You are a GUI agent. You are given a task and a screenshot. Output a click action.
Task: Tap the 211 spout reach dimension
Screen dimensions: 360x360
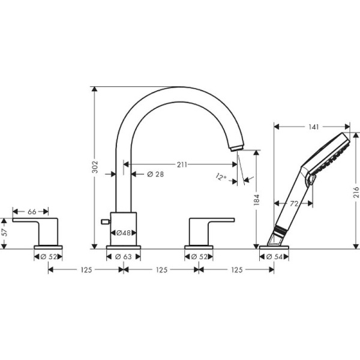tap(182, 164)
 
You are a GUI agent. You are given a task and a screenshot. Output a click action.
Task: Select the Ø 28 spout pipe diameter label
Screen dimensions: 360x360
tap(155, 174)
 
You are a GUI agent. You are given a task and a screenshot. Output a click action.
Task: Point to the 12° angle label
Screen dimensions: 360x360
tap(222, 176)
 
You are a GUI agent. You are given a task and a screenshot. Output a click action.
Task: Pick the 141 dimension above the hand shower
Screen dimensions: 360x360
tap(311, 127)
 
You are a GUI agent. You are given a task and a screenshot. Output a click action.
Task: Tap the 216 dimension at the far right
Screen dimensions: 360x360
tap(356, 192)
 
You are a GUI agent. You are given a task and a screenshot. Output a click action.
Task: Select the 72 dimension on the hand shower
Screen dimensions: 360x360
tap(294, 204)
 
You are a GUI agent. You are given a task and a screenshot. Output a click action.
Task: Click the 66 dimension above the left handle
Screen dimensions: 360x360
tap(32, 211)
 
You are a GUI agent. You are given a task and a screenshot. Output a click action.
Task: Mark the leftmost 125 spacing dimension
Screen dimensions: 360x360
tap(85, 270)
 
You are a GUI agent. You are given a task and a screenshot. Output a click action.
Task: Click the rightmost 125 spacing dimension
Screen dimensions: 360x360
tap(236, 270)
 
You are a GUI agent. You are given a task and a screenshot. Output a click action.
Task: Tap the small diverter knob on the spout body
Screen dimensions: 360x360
tap(106, 222)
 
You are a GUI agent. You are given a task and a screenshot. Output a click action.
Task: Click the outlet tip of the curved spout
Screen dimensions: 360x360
tap(237, 146)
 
